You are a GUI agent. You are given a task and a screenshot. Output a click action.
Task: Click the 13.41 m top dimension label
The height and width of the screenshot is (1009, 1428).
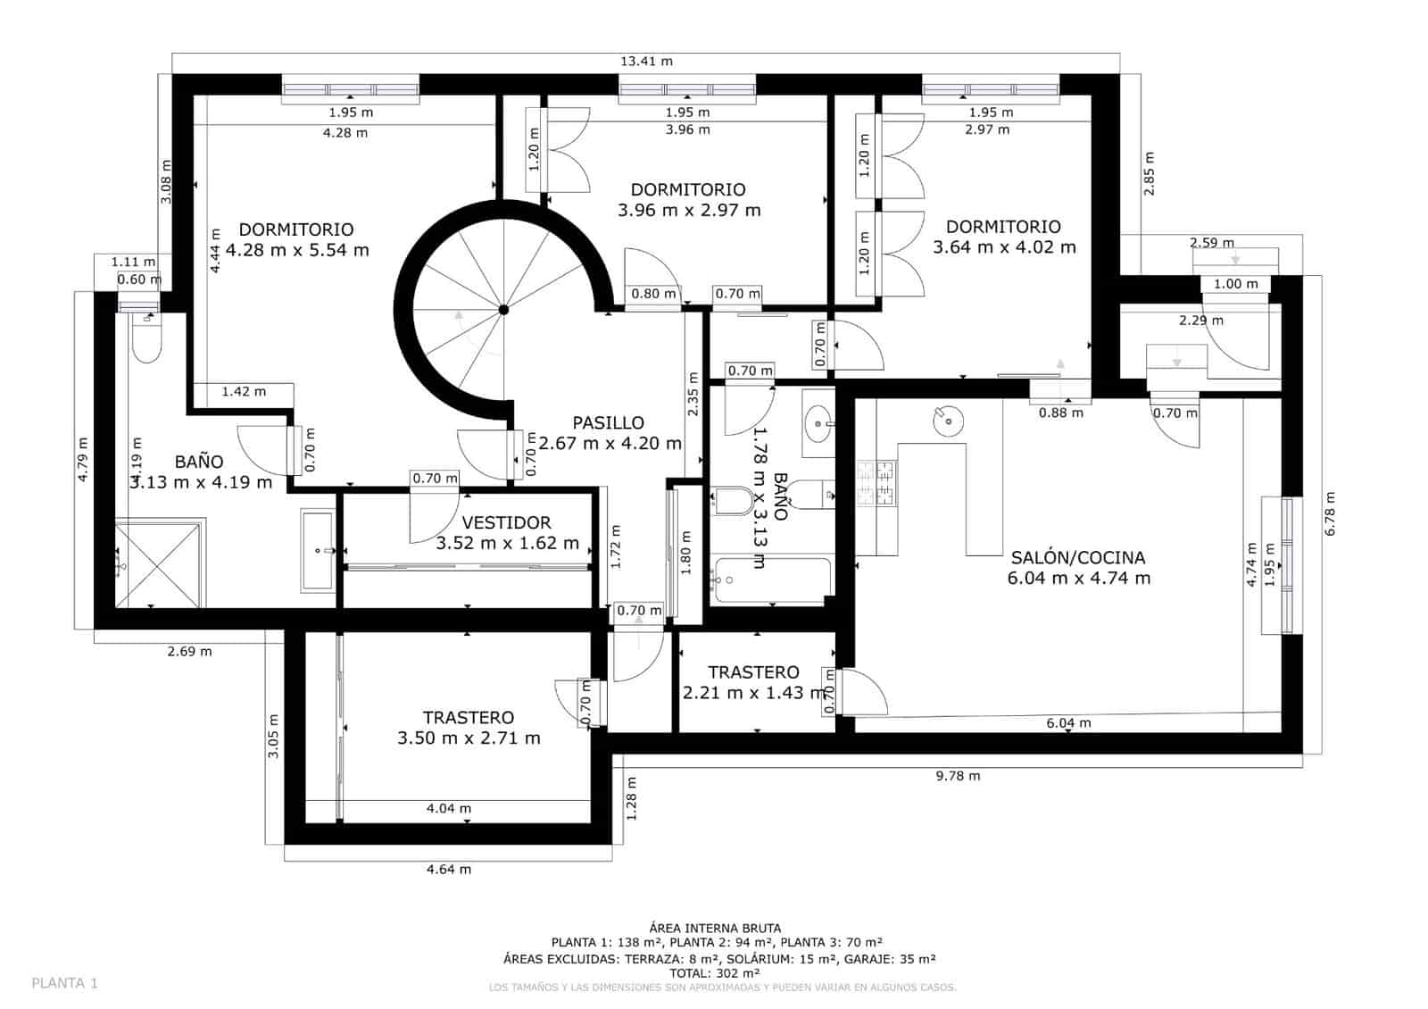[x=646, y=62]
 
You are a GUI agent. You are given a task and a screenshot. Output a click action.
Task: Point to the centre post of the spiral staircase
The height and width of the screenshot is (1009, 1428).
[x=503, y=309]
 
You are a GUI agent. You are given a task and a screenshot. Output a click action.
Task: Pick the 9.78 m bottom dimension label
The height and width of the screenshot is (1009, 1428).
[x=958, y=776]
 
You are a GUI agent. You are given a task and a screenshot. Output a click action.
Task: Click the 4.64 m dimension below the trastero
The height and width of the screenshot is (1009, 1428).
[x=449, y=869]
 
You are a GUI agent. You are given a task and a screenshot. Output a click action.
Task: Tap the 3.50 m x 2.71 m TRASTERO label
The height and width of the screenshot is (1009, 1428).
[x=469, y=728]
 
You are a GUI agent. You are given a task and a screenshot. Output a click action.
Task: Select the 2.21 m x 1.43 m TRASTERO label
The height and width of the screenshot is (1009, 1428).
[x=754, y=683]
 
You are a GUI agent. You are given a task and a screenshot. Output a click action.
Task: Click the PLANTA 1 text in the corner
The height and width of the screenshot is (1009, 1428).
[x=64, y=983]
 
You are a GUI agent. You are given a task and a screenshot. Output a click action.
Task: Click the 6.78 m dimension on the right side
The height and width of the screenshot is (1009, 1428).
[x=1330, y=513]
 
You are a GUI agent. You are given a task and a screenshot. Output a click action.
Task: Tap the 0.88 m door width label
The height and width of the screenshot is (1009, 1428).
[x=1060, y=413]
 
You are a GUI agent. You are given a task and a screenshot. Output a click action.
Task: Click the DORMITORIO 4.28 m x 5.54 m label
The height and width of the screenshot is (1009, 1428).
[x=297, y=240]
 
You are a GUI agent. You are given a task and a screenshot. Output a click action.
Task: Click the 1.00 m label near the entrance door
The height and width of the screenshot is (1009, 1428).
[x=1235, y=284]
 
